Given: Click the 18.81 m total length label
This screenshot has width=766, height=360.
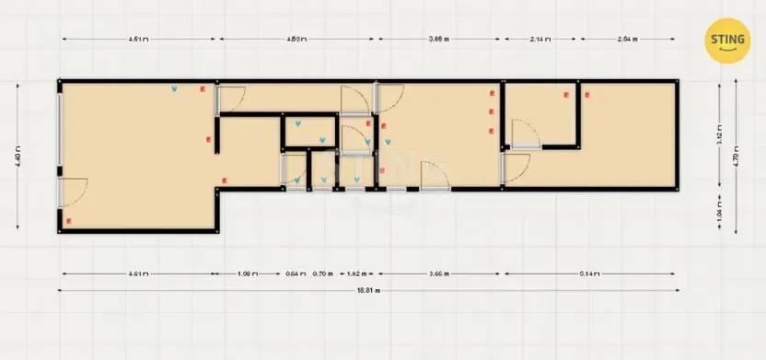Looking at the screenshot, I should tap(368, 289).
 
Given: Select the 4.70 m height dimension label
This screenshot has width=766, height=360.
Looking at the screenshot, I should tap(736, 157).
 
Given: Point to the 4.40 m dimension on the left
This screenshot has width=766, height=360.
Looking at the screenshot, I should tap(18, 157).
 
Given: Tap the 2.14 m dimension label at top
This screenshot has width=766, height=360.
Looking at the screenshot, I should tap(540, 39).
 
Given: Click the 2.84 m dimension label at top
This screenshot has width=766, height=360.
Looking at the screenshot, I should tap(626, 39).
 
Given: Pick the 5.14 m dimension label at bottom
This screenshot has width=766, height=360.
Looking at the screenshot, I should tap(590, 273).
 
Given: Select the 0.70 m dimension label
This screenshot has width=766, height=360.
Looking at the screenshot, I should tap(322, 273).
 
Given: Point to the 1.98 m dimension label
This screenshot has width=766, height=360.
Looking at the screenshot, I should tap(246, 273).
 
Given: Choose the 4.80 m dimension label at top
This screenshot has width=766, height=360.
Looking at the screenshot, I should tap(296, 39).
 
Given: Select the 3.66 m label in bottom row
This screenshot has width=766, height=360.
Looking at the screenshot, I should tap(438, 273).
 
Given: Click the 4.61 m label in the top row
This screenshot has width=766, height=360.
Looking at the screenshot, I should tap(138, 39).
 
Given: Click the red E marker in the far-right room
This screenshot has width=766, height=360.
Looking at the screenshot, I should tap(582, 94).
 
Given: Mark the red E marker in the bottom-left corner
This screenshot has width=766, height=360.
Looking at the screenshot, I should tap(69, 221).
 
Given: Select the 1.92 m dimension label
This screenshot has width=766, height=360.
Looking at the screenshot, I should tap(356, 273).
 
